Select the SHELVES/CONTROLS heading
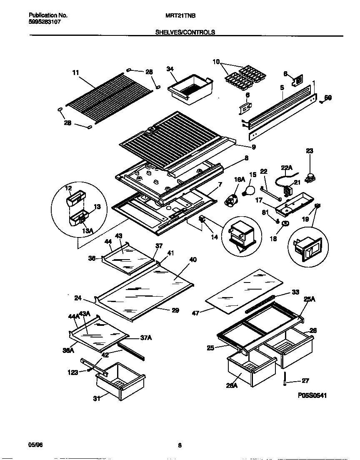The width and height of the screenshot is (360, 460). pos(185,32)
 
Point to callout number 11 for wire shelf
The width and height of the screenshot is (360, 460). pos(75,72)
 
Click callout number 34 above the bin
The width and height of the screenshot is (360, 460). pos(170,69)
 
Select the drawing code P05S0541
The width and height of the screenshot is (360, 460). pos(312,395)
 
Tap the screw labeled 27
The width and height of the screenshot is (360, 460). pos(285,379)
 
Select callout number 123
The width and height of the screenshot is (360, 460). pos(73,372)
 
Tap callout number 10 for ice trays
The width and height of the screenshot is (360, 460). pos(216,62)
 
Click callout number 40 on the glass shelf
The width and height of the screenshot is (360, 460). pos(192,260)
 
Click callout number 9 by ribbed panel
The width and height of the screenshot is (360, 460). pos(254,147)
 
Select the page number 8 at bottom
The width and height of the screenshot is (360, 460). pos(180,445)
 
